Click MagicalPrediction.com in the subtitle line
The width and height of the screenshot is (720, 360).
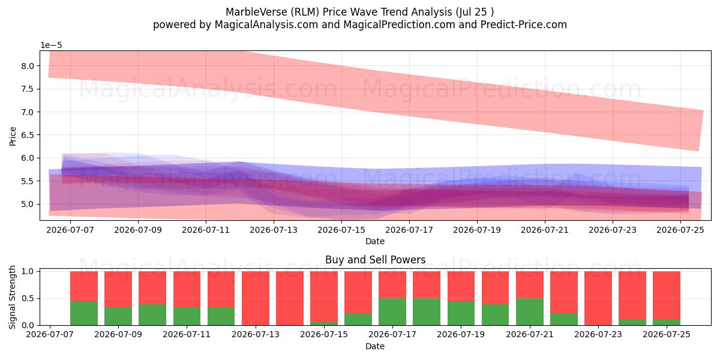click(399, 25)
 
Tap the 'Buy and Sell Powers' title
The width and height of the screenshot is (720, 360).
click(375, 260)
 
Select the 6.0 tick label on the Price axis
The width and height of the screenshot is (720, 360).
click(28, 158)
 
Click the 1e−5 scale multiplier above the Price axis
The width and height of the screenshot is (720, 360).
click(51, 46)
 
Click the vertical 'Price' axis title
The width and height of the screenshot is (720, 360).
click(13, 136)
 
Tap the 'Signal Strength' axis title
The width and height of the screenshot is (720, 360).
click(12, 298)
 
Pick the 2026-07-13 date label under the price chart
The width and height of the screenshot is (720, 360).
click(274, 230)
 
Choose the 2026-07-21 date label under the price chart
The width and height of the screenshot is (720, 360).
click(545, 230)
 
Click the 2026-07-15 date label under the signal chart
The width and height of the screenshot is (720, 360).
click(324, 335)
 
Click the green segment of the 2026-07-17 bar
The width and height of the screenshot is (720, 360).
click(392, 312)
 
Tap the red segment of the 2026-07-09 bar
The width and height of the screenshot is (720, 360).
click(118, 289)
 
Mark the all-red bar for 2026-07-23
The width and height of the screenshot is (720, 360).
click(598, 298)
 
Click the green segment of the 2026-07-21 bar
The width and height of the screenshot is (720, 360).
click(530, 312)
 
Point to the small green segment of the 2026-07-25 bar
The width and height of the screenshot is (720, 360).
click(667, 322)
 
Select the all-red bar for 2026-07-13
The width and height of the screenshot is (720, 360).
click(256, 298)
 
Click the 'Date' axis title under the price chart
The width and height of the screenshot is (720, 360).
click(375, 241)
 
